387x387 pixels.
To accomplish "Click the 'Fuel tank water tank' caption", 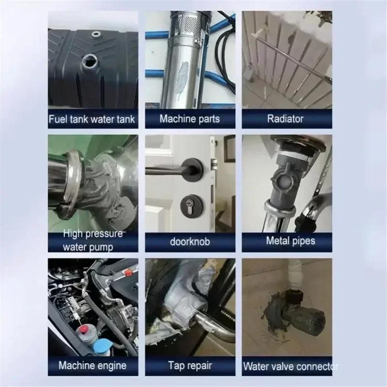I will click(x=92, y=119).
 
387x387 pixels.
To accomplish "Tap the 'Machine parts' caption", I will click(x=190, y=119).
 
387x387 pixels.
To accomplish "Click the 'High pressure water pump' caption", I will click(x=92, y=240).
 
